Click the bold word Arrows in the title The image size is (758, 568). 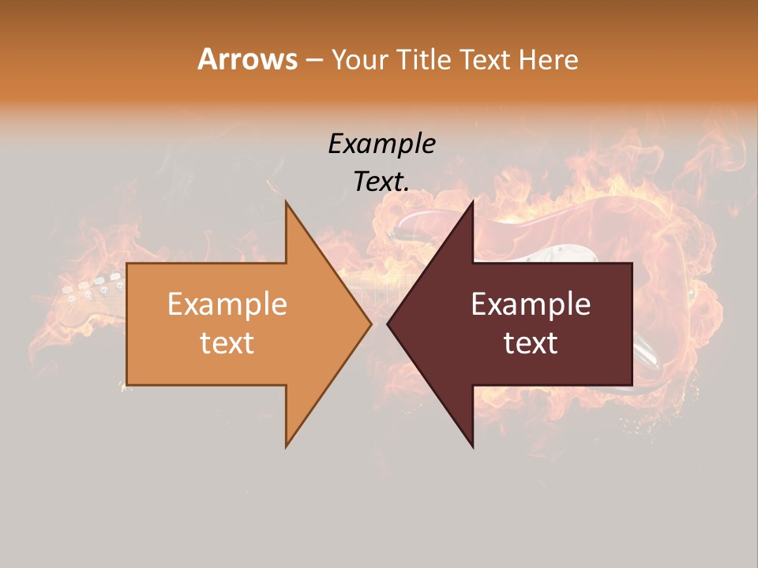(x=246, y=59)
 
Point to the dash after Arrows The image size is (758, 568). (x=313, y=61)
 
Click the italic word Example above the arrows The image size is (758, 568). (x=381, y=144)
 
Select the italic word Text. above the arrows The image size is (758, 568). (x=381, y=181)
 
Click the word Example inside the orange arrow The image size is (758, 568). (x=227, y=305)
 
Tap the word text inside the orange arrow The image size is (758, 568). (x=227, y=343)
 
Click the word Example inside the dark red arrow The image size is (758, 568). (x=531, y=305)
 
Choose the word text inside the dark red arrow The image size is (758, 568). (x=531, y=343)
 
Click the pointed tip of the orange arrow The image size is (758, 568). (x=370, y=323)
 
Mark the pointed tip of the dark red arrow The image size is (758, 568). (x=388, y=323)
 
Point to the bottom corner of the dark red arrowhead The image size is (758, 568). (x=472, y=447)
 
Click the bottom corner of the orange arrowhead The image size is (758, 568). (x=287, y=446)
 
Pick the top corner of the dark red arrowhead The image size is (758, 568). (x=472, y=202)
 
